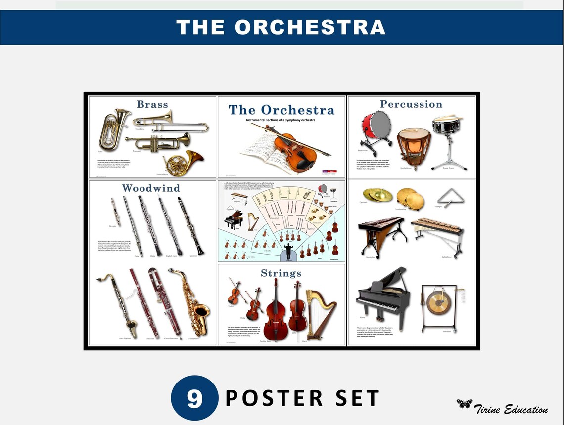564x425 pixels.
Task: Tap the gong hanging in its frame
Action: click(x=439, y=302)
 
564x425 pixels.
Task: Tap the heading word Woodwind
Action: click(x=151, y=188)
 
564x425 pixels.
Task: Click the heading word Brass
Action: click(x=152, y=104)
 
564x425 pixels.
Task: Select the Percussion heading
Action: click(x=411, y=104)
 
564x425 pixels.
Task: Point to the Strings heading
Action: click(x=281, y=273)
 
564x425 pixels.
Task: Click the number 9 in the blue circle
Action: click(x=194, y=398)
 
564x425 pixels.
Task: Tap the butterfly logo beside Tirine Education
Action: click(x=464, y=404)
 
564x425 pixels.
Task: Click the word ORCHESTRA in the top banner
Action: click(x=310, y=27)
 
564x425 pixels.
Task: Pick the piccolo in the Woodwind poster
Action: click(x=115, y=211)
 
